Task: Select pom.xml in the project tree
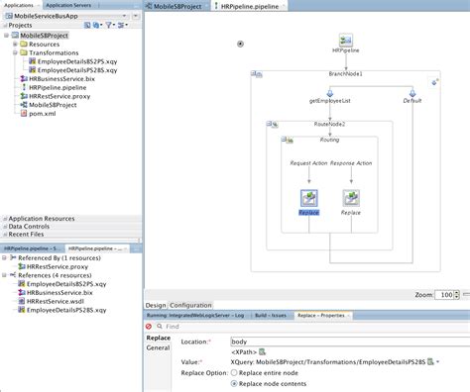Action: click(x=42, y=114)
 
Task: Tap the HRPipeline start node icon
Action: click(x=346, y=38)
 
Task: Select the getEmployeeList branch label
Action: click(x=301, y=101)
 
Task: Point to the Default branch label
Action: click(x=411, y=101)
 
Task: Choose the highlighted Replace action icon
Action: click(x=308, y=198)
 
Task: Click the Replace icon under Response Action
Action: click(x=351, y=198)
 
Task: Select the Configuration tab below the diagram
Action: click(x=190, y=305)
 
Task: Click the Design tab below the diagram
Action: click(x=156, y=305)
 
